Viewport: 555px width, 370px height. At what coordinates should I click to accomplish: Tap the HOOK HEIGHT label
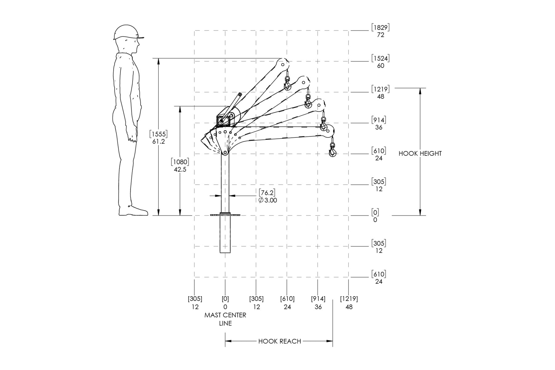point(420,154)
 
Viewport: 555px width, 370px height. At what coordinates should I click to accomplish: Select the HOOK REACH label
point(279,341)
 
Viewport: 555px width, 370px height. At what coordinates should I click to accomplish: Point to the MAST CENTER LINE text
point(225,319)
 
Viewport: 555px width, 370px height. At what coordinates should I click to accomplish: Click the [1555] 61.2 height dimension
point(158,138)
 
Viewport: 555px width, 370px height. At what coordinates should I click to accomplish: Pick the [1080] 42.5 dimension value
point(180,166)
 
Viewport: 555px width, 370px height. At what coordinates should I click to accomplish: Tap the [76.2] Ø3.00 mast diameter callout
point(268,196)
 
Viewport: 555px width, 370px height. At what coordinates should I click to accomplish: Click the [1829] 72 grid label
point(380,31)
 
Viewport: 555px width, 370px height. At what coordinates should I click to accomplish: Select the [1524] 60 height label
point(380,62)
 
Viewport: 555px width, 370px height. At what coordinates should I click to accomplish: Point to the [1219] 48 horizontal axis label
point(349,303)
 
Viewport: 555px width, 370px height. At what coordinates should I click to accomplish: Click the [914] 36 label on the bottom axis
point(318,303)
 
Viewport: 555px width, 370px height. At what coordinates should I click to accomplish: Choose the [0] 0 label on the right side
point(375,216)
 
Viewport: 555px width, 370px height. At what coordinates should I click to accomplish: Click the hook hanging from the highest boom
point(288,83)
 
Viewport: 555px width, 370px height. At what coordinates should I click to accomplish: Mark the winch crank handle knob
point(239,94)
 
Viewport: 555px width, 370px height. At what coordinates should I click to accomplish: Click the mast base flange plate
point(225,215)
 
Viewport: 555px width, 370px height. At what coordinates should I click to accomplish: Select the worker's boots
point(133,211)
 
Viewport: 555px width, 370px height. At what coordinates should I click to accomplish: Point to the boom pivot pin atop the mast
point(225,152)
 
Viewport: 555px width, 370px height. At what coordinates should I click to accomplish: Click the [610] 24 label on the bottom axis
point(287,303)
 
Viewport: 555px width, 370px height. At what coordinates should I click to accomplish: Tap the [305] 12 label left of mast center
point(195,303)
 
